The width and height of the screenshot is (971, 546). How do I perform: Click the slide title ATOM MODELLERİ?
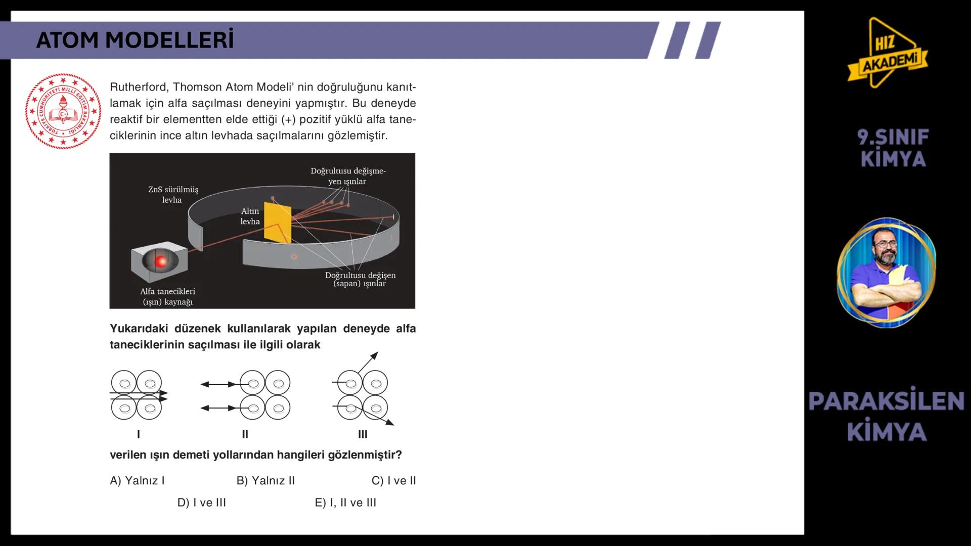click(x=135, y=40)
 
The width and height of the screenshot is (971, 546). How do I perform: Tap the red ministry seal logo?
click(x=63, y=111)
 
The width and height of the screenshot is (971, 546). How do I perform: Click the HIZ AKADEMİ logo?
click(x=888, y=53)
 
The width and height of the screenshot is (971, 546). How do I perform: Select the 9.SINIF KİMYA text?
click(x=893, y=148)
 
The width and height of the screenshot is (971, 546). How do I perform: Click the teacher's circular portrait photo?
click(x=887, y=273)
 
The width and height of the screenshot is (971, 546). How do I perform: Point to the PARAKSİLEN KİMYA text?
click(x=887, y=416)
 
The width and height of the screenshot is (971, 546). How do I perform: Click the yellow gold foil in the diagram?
click(x=278, y=222)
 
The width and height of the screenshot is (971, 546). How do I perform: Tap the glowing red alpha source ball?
click(x=161, y=261)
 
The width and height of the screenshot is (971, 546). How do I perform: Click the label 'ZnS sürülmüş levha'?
click(x=173, y=195)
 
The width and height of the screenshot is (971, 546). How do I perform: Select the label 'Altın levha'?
click(x=250, y=216)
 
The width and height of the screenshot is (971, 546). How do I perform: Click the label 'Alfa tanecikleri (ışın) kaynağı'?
click(x=167, y=297)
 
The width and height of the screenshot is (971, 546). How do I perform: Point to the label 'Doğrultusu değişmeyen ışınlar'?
click(x=348, y=176)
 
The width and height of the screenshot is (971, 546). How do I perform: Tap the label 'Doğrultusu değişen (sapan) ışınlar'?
click(x=360, y=279)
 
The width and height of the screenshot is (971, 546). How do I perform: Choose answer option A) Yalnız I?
click(x=137, y=481)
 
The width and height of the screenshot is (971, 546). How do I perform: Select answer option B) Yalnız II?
click(x=266, y=481)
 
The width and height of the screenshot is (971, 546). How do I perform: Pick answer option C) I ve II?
click(x=393, y=481)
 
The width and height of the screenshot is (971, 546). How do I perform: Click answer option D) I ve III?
click(x=202, y=503)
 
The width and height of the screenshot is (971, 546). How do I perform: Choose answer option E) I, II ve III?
click(x=345, y=503)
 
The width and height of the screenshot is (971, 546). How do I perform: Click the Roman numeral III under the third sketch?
click(x=363, y=434)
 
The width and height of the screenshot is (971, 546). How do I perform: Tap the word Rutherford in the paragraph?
click(x=139, y=87)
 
